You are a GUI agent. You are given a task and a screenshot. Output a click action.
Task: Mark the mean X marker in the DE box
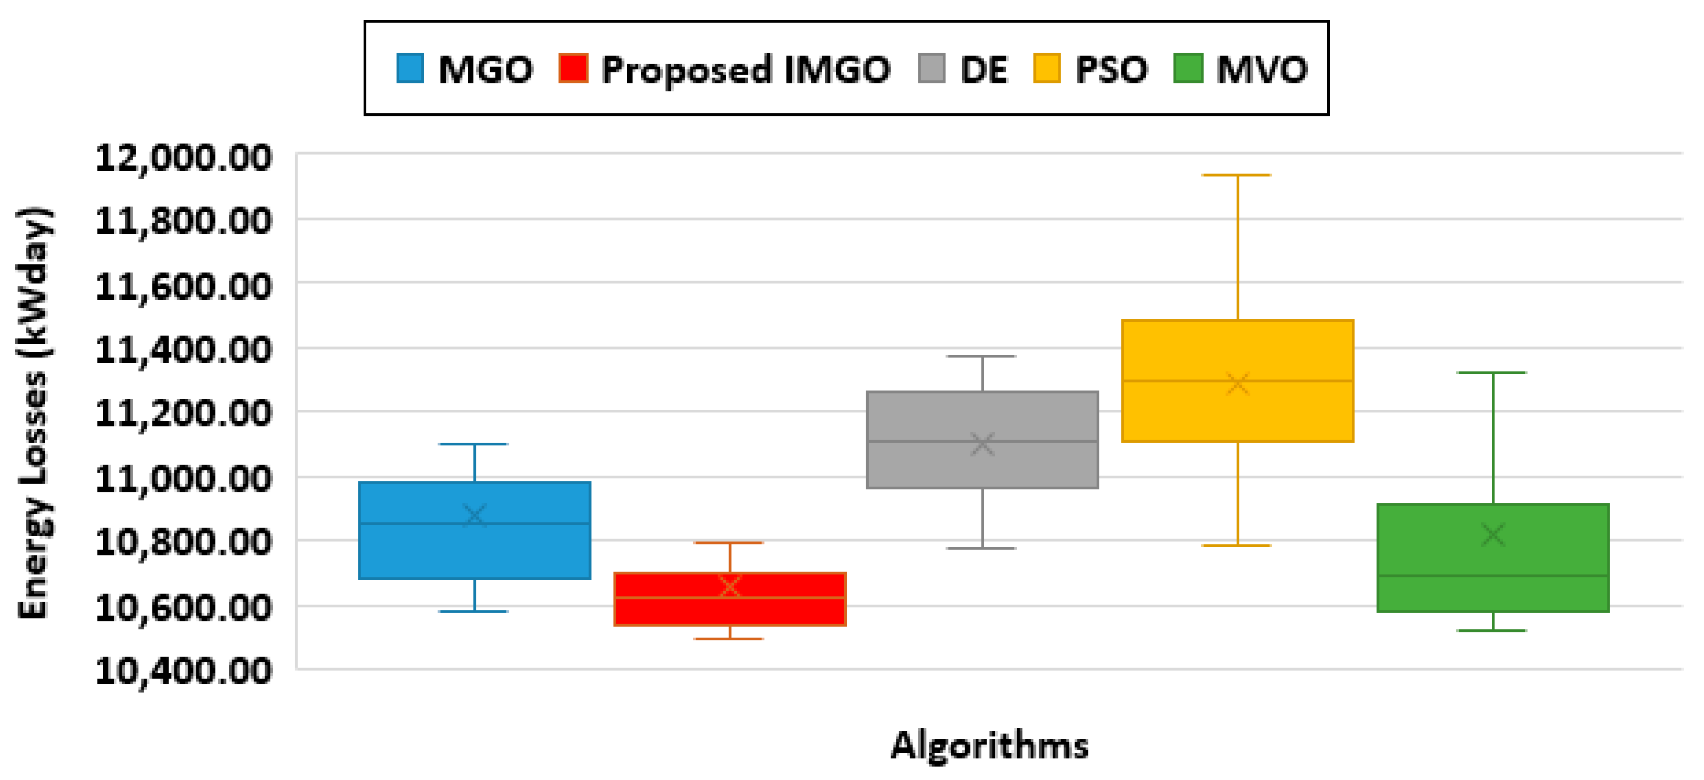tap(982, 444)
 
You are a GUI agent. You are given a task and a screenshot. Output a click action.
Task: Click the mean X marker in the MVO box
tap(1493, 534)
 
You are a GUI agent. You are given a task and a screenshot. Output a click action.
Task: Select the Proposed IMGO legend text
tap(746, 69)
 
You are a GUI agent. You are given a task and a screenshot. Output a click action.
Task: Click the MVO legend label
tap(1261, 69)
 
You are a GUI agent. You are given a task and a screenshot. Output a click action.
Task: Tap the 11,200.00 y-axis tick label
tap(183, 413)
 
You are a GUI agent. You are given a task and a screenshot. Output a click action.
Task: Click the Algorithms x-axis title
tap(989, 746)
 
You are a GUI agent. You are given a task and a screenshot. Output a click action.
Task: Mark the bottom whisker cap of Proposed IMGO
tap(729, 639)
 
